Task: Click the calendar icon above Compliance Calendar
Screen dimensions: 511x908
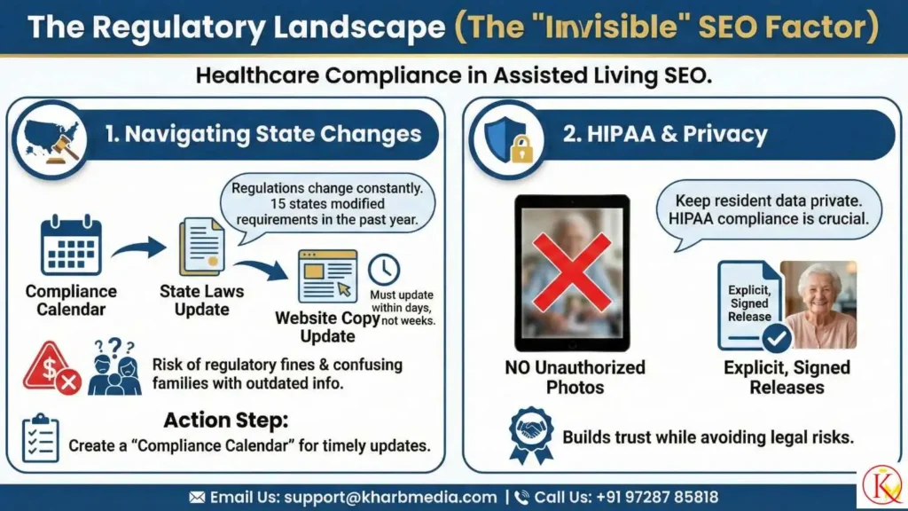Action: [x=71, y=246]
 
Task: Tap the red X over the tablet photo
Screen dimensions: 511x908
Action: [x=571, y=271]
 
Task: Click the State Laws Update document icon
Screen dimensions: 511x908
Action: [x=201, y=247]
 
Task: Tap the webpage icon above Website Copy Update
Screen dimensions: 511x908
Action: [x=327, y=276]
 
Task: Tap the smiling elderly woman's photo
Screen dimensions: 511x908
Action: [x=818, y=304]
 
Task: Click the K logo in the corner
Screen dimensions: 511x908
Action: [x=881, y=485]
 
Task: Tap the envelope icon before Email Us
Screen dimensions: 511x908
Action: [x=196, y=497]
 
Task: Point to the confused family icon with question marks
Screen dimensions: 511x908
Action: [x=114, y=366]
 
